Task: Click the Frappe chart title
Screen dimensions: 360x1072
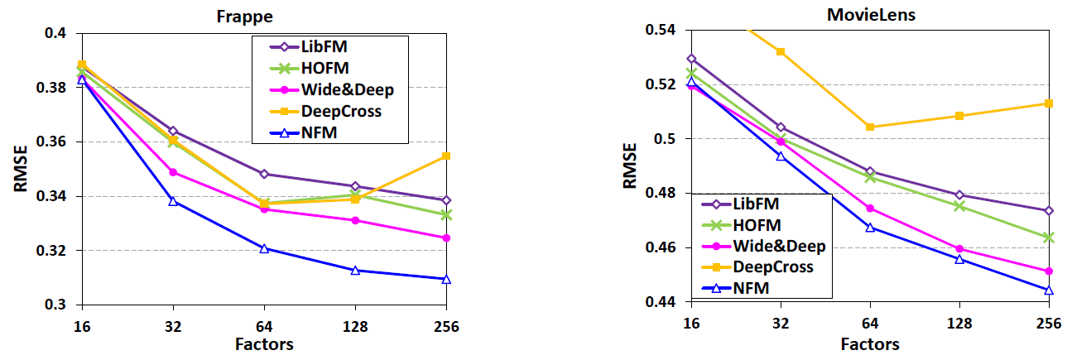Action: tap(262, 16)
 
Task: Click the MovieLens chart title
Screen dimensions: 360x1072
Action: tap(866, 15)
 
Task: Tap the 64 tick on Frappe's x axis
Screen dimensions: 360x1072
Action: tap(264, 326)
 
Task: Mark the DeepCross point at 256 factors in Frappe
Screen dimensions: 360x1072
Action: tap(446, 156)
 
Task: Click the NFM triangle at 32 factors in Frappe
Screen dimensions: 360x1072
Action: tap(173, 201)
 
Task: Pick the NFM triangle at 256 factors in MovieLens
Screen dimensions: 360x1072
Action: tap(1049, 290)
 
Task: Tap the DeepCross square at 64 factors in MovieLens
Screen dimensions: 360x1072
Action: tap(869, 127)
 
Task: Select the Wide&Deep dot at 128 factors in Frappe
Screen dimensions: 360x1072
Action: tap(355, 220)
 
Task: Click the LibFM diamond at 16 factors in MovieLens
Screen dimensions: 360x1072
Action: tap(691, 59)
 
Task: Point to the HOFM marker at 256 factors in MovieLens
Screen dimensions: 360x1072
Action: tap(1049, 238)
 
